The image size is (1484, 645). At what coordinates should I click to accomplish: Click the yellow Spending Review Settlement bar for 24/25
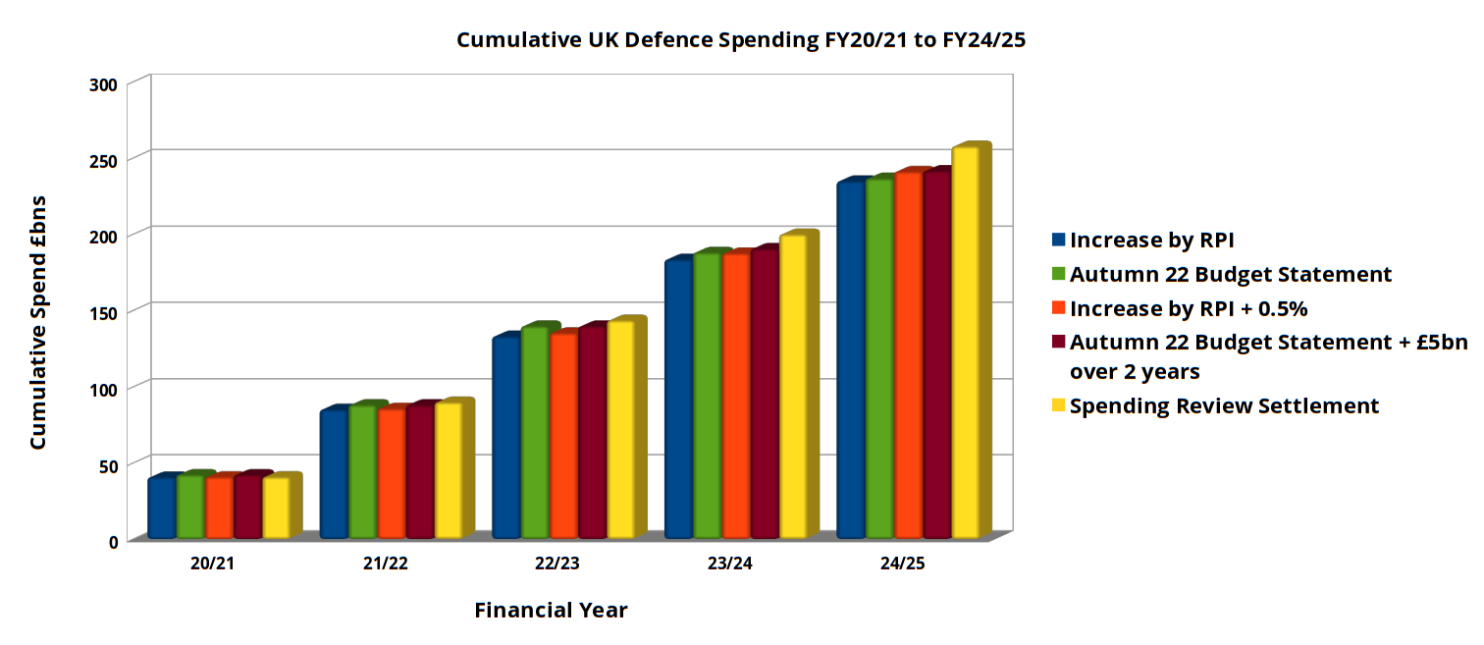tap(965, 344)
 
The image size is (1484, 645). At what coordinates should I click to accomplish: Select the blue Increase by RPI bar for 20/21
tap(161, 509)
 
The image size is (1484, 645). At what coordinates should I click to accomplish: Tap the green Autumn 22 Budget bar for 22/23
tap(534, 433)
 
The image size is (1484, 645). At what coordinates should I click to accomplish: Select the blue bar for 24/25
tap(850, 360)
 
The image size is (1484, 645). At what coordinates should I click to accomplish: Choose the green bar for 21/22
tap(362, 471)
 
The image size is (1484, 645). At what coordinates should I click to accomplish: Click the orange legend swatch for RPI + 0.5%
tap(1058, 308)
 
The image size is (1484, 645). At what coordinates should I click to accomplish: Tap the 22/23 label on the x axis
tap(556, 564)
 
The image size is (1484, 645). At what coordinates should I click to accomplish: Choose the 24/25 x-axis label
tap(900, 564)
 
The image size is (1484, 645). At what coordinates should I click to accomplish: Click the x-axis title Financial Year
tap(551, 610)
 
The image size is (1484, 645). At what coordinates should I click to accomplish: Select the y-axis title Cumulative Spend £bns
tap(38, 322)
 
